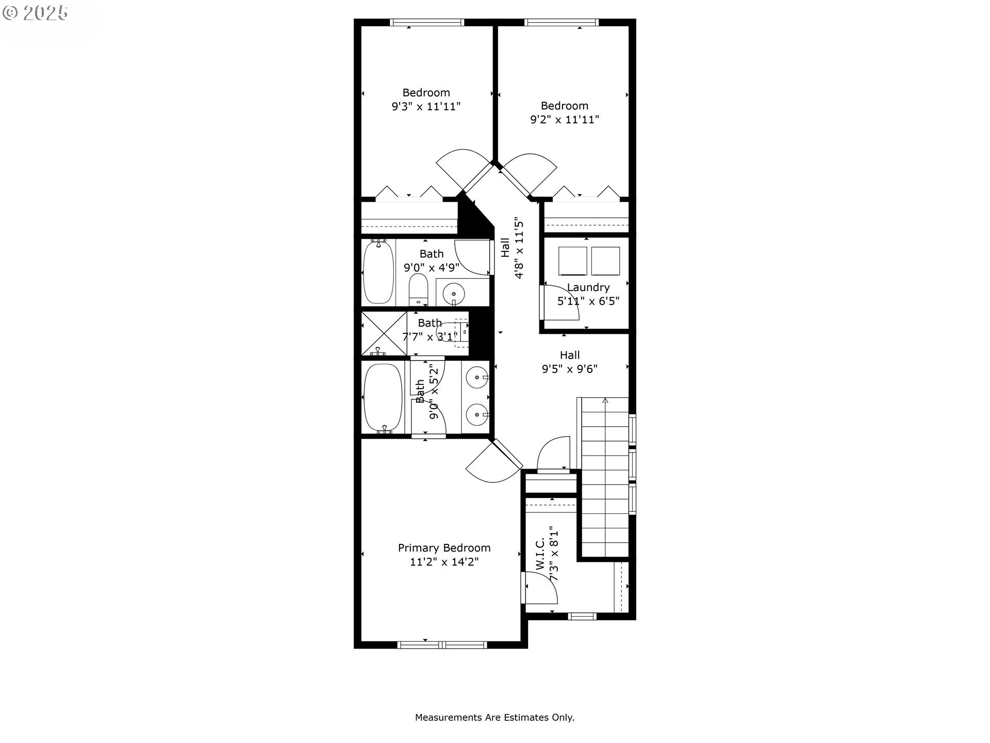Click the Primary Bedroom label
pyautogui.click(x=444, y=548)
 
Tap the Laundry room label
pyautogui.click(x=588, y=287)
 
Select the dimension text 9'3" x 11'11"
pyautogui.click(x=426, y=107)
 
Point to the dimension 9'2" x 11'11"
pyautogui.click(x=565, y=120)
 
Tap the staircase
pyautogui.click(x=605, y=477)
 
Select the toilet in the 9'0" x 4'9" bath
pyautogui.click(x=418, y=290)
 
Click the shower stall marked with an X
pyautogui.click(x=384, y=333)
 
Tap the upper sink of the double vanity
pyautogui.click(x=477, y=377)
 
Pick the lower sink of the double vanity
pyautogui.click(x=477, y=414)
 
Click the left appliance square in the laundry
pyautogui.click(x=573, y=261)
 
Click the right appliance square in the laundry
pyautogui.click(x=605, y=261)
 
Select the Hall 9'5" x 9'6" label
pyautogui.click(x=569, y=362)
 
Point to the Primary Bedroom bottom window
pyautogui.click(x=442, y=644)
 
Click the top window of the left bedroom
pyautogui.click(x=427, y=22)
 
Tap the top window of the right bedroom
pyautogui.click(x=562, y=22)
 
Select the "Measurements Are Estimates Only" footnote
pyautogui.click(x=494, y=717)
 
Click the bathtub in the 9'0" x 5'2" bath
pyautogui.click(x=383, y=397)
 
